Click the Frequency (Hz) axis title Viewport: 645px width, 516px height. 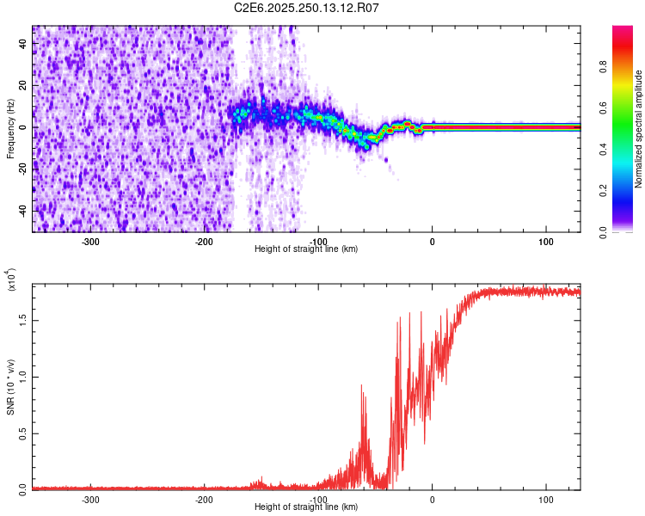(x=11, y=129)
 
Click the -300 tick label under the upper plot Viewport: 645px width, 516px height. (x=90, y=242)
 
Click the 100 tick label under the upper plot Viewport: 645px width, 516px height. (x=545, y=242)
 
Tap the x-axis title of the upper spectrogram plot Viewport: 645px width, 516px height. (x=306, y=249)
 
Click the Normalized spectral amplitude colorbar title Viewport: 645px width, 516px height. (x=639, y=129)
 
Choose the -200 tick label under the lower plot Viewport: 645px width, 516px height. (x=204, y=499)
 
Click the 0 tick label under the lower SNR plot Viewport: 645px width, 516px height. (x=432, y=499)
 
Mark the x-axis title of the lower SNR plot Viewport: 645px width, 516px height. (x=306, y=507)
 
